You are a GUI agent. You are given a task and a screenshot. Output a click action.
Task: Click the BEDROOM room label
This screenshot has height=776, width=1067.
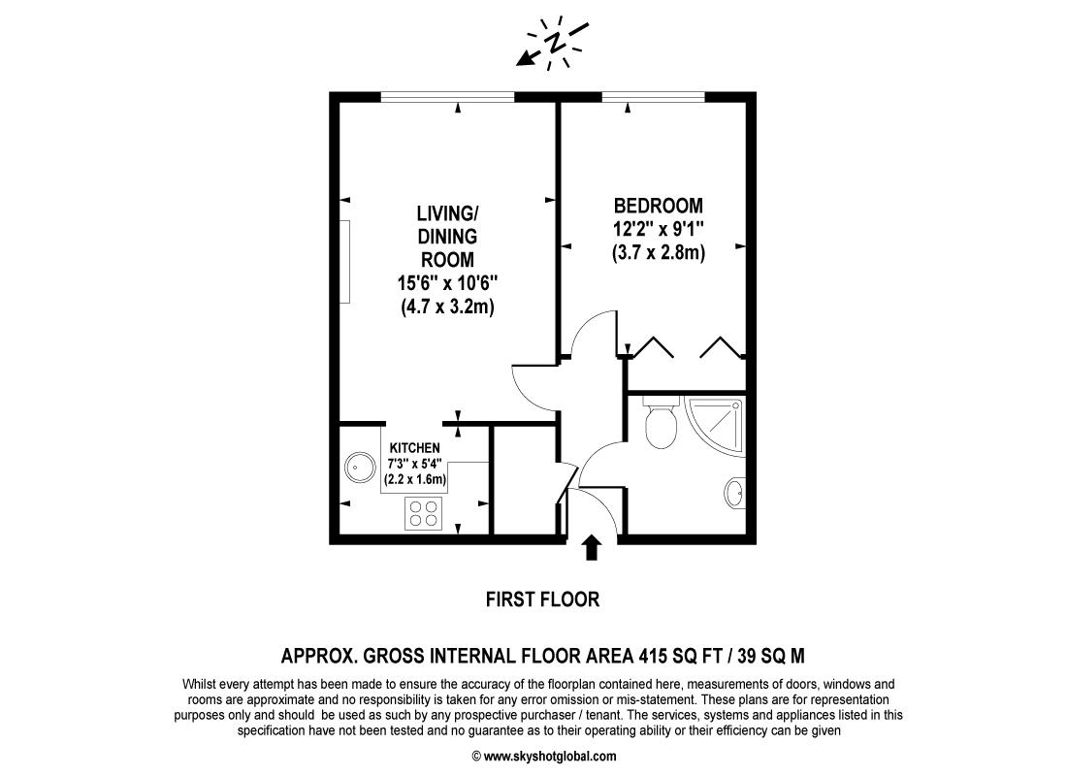[x=658, y=206]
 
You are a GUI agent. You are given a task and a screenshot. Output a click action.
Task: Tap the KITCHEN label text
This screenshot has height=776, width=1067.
[x=415, y=447]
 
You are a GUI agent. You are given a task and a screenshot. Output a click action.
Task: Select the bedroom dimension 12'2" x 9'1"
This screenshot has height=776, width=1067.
[x=658, y=230]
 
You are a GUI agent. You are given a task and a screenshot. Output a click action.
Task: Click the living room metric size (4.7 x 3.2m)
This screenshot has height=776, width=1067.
[x=447, y=307]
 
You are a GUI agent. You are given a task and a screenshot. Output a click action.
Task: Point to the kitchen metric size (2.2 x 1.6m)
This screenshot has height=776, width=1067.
[x=415, y=479]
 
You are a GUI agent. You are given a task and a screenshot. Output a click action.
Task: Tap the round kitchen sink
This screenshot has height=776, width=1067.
[x=360, y=469]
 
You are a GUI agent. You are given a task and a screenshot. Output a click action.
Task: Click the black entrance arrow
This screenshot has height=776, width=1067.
[x=591, y=549]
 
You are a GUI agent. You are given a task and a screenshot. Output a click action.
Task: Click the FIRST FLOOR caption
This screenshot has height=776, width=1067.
[x=542, y=599]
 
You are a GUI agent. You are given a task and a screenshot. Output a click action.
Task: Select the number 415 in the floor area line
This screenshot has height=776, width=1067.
[x=655, y=655]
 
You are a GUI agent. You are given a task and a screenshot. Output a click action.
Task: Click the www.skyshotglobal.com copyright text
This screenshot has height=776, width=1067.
[x=543, y=757]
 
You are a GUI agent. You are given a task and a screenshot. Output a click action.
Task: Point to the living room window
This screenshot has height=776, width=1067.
[x=447, y=96]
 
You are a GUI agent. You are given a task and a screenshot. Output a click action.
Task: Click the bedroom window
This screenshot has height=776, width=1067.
[x=653, y=96]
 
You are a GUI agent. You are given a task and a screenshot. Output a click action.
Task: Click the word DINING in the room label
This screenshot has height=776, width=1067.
[x=447, y=236]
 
